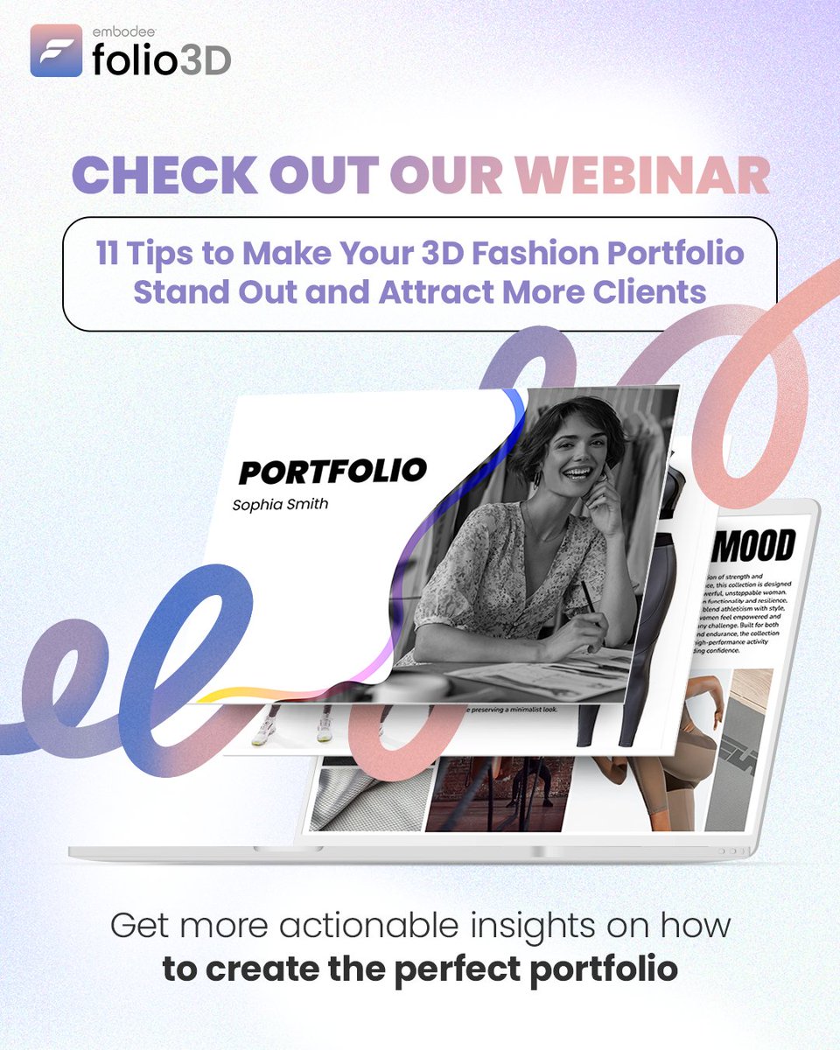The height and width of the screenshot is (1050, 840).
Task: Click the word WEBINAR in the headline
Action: (642, 176)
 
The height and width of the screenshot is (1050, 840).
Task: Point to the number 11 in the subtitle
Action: (108, 253)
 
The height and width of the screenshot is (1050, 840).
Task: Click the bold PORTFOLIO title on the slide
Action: (332, 471)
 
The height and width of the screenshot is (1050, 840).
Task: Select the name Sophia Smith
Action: (280, 505)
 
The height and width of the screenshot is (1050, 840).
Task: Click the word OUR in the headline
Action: (446, 176)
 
